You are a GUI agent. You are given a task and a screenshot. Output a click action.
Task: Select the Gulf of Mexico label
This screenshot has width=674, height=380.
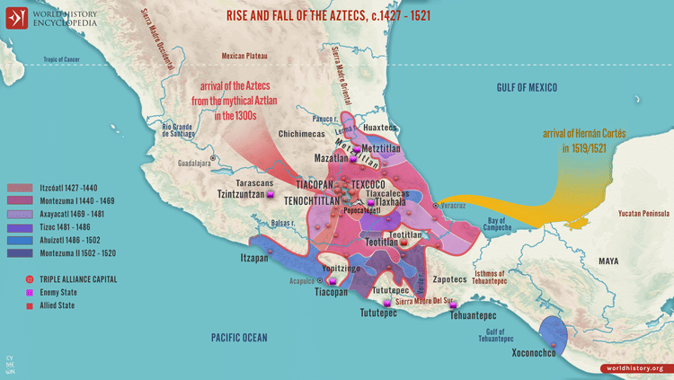tap(527, 87)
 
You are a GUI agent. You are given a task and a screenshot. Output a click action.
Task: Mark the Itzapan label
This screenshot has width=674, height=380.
tap(255, 257)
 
